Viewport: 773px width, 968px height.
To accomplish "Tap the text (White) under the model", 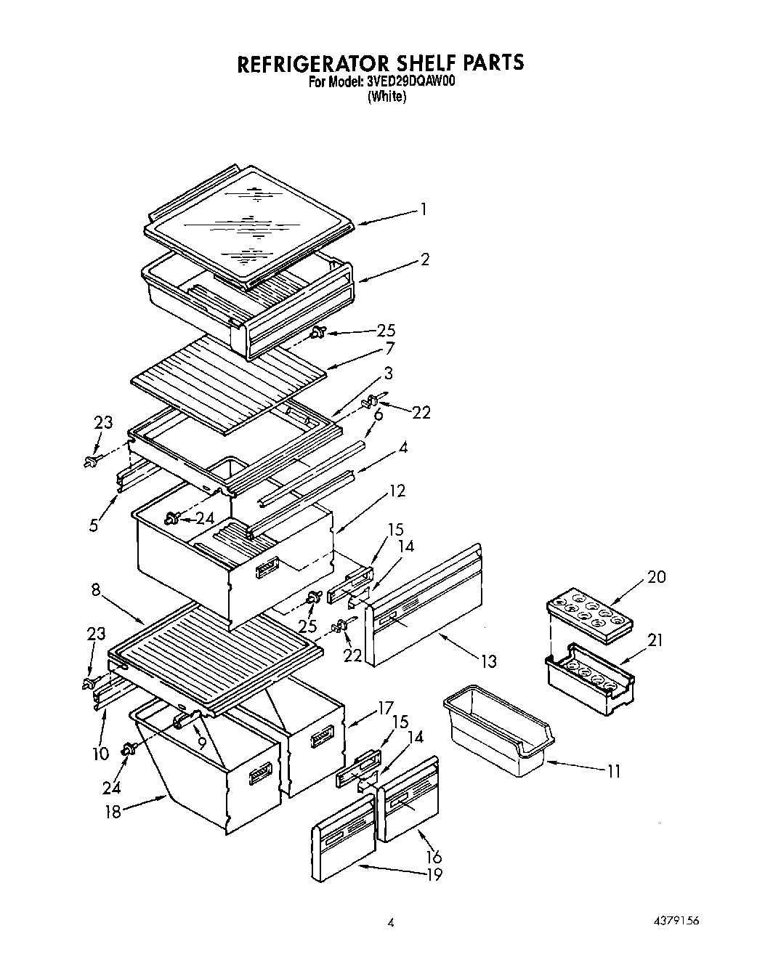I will click(386, 97).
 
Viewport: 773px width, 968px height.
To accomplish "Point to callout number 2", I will click(425, 259).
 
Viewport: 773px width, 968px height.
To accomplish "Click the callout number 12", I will click(397, 491).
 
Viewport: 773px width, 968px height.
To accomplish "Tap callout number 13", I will click(488, 661).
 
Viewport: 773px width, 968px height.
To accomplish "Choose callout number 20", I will click(657, 577).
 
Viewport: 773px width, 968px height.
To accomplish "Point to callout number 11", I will click(614, 771).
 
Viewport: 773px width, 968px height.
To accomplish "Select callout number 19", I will click(434, 875).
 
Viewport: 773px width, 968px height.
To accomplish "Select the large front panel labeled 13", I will click(425, 603).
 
